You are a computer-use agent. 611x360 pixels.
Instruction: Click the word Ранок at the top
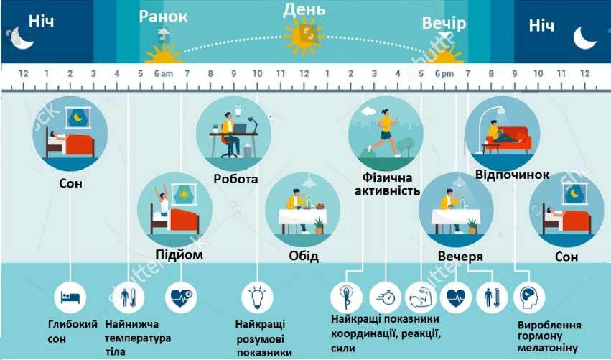pos(164,17)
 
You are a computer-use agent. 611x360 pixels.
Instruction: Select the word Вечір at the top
pos(444,24)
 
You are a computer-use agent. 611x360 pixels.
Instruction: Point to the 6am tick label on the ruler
pos(164,74)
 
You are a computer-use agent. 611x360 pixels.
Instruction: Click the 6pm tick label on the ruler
pos(445,74)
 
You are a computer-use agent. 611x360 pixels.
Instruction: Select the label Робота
pos(235,179)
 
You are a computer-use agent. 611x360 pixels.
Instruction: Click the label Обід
pos(304,256)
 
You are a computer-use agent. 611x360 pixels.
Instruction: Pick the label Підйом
pos(179,255)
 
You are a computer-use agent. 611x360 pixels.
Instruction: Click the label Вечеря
pos(460,257)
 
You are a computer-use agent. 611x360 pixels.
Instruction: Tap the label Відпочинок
pos(512,175)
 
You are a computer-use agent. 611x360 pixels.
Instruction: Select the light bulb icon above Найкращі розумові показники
pos(257,295)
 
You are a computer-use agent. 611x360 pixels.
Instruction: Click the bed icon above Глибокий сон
pos(71,295)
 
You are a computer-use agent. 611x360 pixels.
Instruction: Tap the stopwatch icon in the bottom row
pos(386,296)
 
